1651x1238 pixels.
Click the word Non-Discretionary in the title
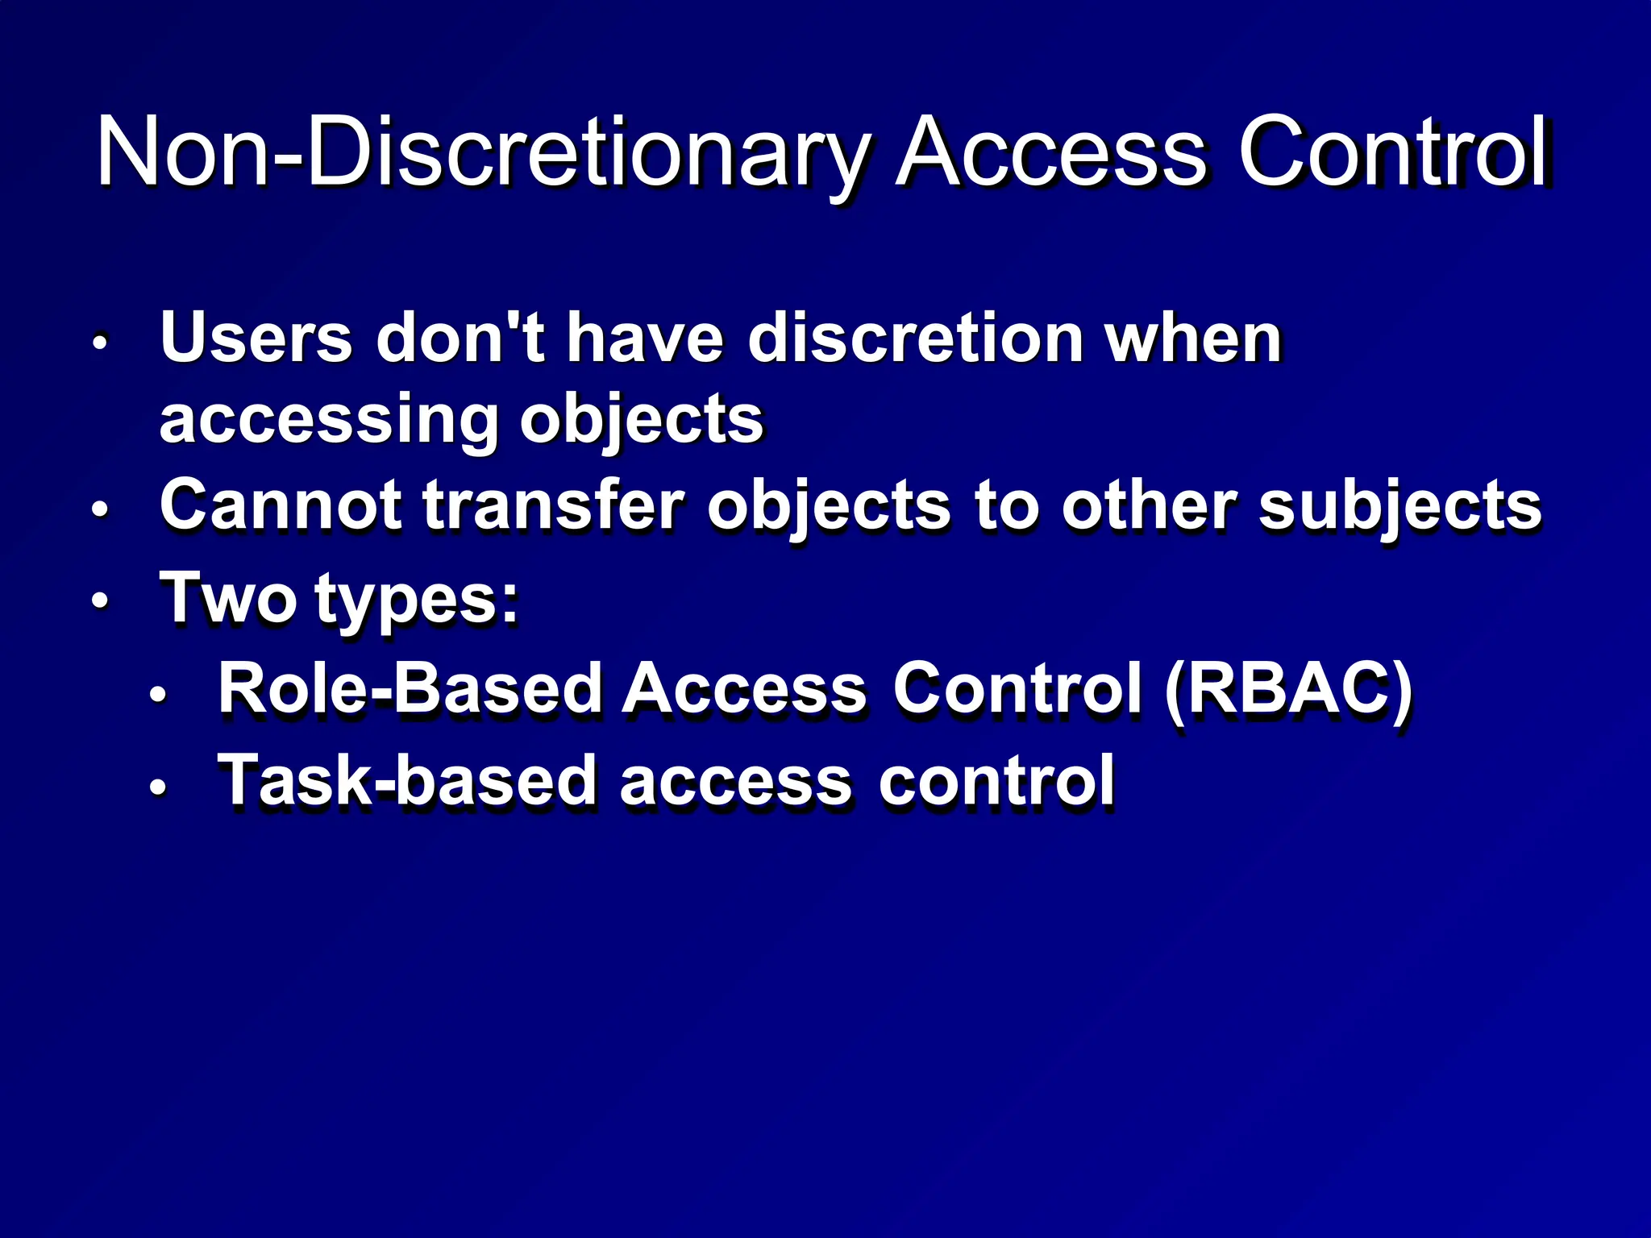482,153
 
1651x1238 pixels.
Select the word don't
460,339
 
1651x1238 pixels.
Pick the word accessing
329,421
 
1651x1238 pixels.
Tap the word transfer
553,506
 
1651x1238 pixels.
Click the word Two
228,598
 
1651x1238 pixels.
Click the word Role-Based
410,689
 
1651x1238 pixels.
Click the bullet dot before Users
99,342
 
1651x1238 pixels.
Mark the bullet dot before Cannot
99,509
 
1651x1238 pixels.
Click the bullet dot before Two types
99,601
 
